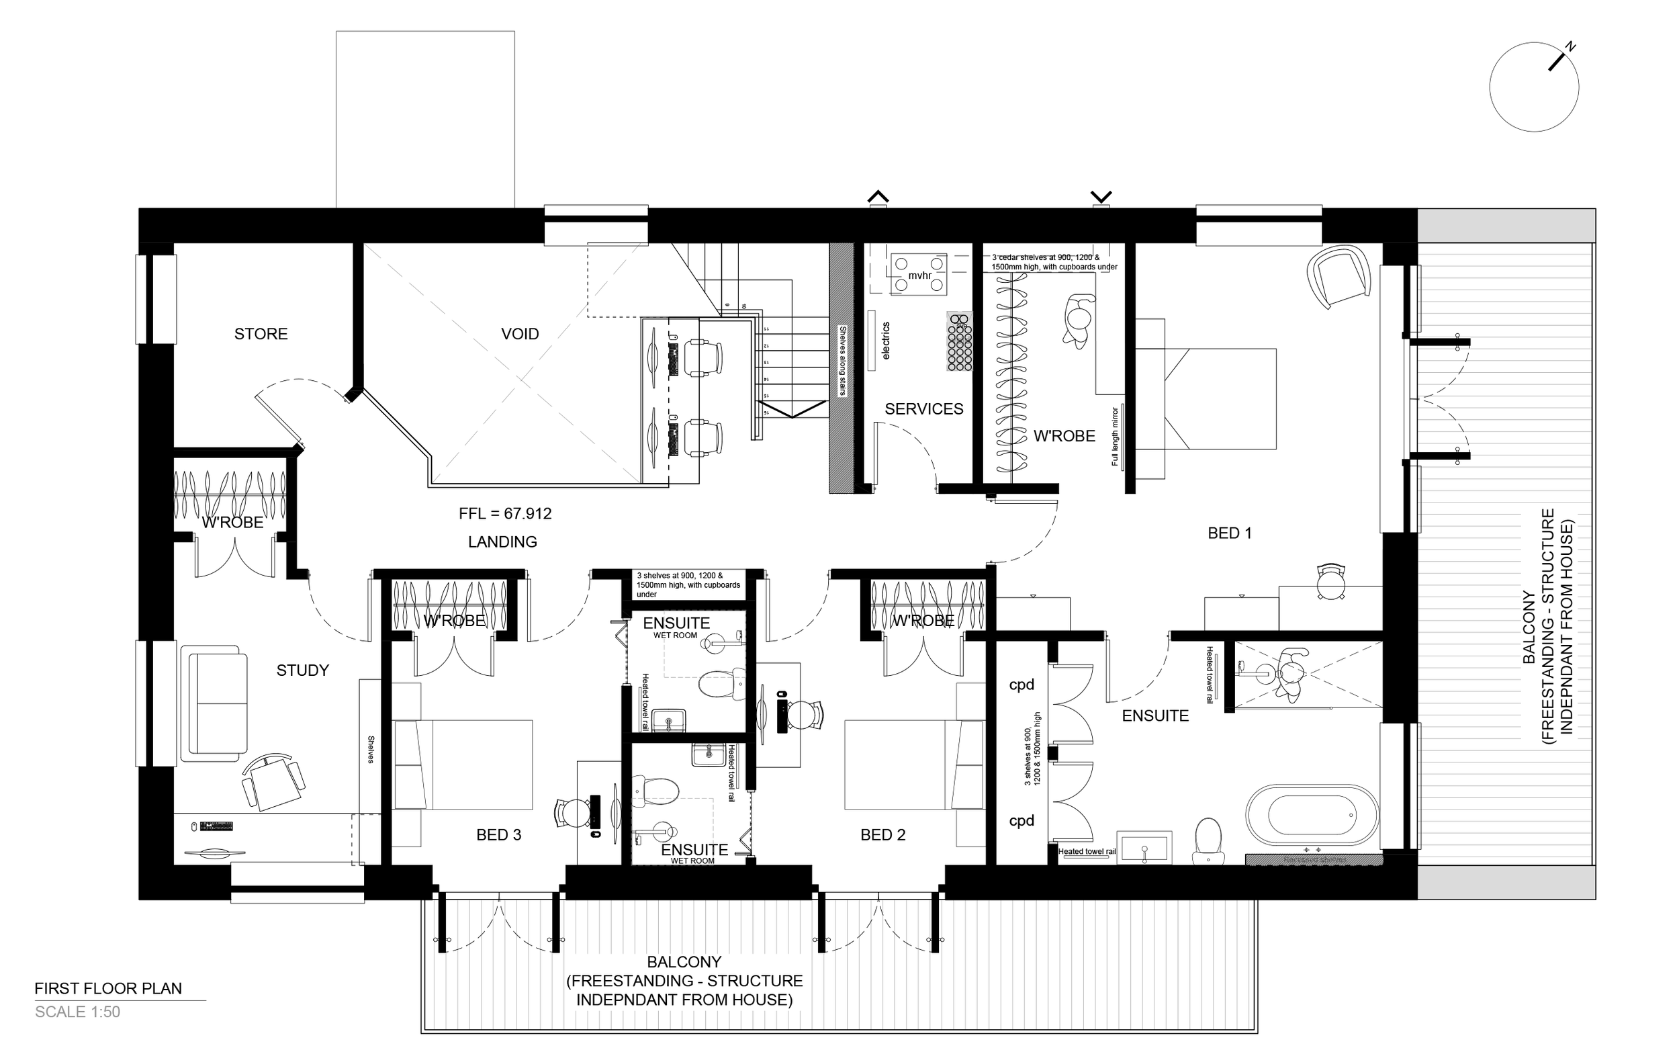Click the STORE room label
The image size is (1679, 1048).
pos(261,334)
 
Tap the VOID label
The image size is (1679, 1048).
pos(520,334)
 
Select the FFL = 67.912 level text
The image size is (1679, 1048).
pos(504,514)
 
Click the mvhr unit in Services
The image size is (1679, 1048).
pos(919,275)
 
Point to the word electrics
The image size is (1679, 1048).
pos(886,341)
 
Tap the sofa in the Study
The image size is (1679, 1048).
pos(214,703)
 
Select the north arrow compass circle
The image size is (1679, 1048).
pos(1533,87)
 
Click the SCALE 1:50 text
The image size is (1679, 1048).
pos(78,1012)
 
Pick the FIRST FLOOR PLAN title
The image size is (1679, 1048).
pos(108,988)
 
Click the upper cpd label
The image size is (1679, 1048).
pos(1022,685)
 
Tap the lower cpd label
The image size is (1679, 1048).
pos(1022,821)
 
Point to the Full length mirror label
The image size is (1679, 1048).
pos(1115,436)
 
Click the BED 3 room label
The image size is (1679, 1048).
pos(498,835)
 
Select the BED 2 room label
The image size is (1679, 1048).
pos(882,835)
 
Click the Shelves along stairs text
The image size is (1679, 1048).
pos(842,361)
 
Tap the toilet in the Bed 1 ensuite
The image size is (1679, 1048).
pos(1208,840)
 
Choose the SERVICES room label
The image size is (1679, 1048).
pos(923,409)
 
